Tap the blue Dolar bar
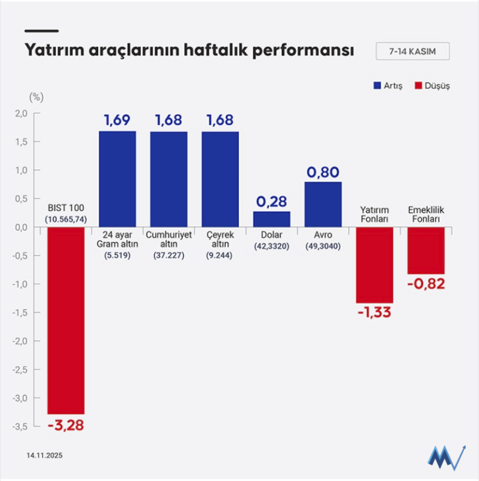(x=271, y=219)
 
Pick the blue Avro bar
(x=323, y=204)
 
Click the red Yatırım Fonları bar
(x=374, y=265)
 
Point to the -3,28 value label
(x=66, y=426)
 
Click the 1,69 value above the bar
(x=117, y=120)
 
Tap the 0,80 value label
(x=323, y=172)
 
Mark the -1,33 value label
(x=374, y=312)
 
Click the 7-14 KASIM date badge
(x=412, y=51)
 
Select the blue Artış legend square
(x=378, y=85)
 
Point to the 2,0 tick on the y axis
(x=22, y=114)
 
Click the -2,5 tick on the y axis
(x=21, y=369)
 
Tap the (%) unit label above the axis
(x=36, y=96)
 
